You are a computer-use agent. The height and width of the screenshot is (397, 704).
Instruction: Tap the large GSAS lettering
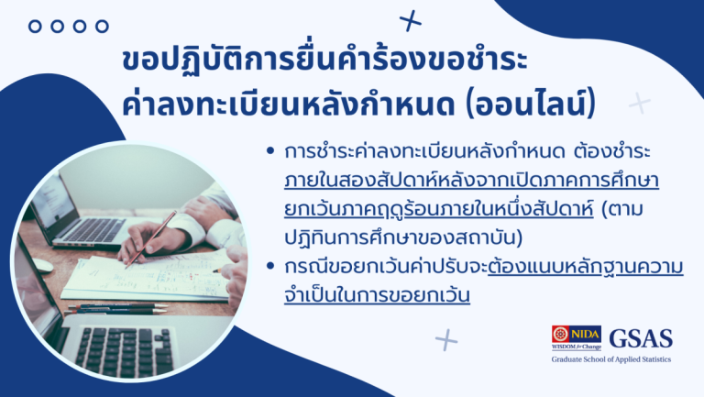pyautogui.click(x=641, y=337)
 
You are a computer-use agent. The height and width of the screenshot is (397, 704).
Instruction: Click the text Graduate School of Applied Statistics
pyautogui.click(x=610, y=359)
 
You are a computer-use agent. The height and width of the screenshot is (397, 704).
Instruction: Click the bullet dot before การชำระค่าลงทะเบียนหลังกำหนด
pyautogui.click(x=269, y=149)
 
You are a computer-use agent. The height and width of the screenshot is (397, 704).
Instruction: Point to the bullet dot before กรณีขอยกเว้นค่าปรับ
pyautogui.click(x=269, y=269)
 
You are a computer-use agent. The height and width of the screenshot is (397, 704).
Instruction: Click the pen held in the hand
pyautogui.click(x=150, y=239)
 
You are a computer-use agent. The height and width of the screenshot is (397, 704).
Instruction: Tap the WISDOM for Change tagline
pyautogui.click(x=576, y=348)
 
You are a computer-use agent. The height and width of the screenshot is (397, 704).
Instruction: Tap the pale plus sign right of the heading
pyautogui.click(x=639, y=103)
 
